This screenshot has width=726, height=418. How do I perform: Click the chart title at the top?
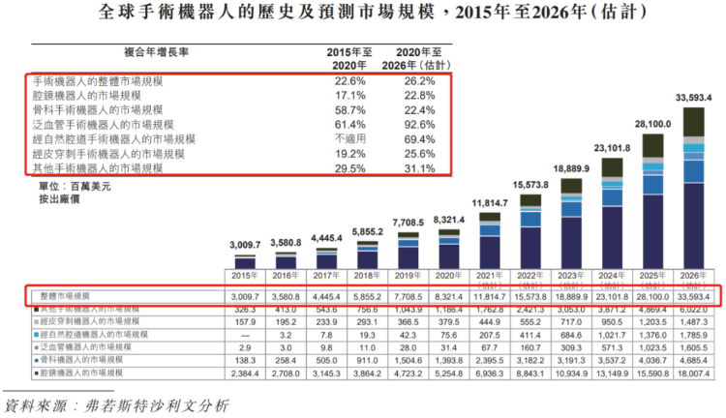click(363, 13)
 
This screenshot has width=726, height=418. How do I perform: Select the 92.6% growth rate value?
click(414, 125)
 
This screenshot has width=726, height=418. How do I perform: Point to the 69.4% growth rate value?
click(414, 139)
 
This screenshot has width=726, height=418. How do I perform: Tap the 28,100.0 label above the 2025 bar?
click(652, 125)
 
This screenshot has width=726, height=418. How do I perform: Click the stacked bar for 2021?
click(488, 241)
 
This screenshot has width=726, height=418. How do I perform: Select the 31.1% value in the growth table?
click(414, 168)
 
